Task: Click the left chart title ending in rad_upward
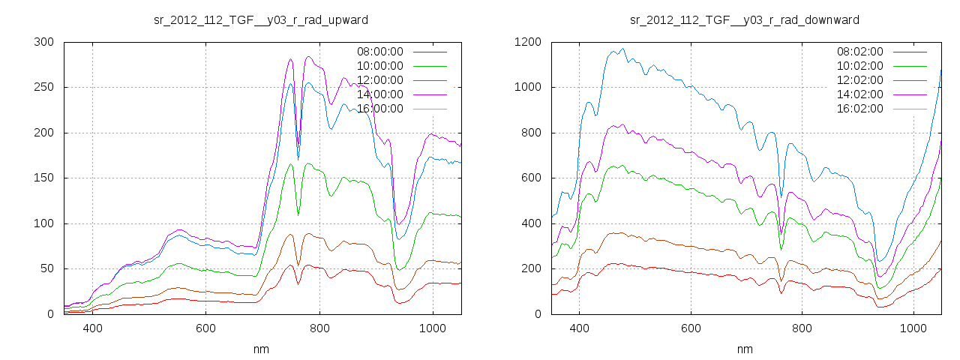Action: coord(260,19)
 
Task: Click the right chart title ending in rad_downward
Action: coord(744,19)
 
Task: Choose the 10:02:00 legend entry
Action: coord(859,66)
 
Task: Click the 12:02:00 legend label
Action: coord(859,80)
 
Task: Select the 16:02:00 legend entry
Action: coord(859,109)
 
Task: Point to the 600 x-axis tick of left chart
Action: coord(206,328)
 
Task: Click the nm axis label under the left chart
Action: coord(262,349)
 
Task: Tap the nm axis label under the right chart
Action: coord(744,349)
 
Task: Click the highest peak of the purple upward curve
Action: coord(308,56)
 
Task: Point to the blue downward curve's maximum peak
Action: coord(622,49)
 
